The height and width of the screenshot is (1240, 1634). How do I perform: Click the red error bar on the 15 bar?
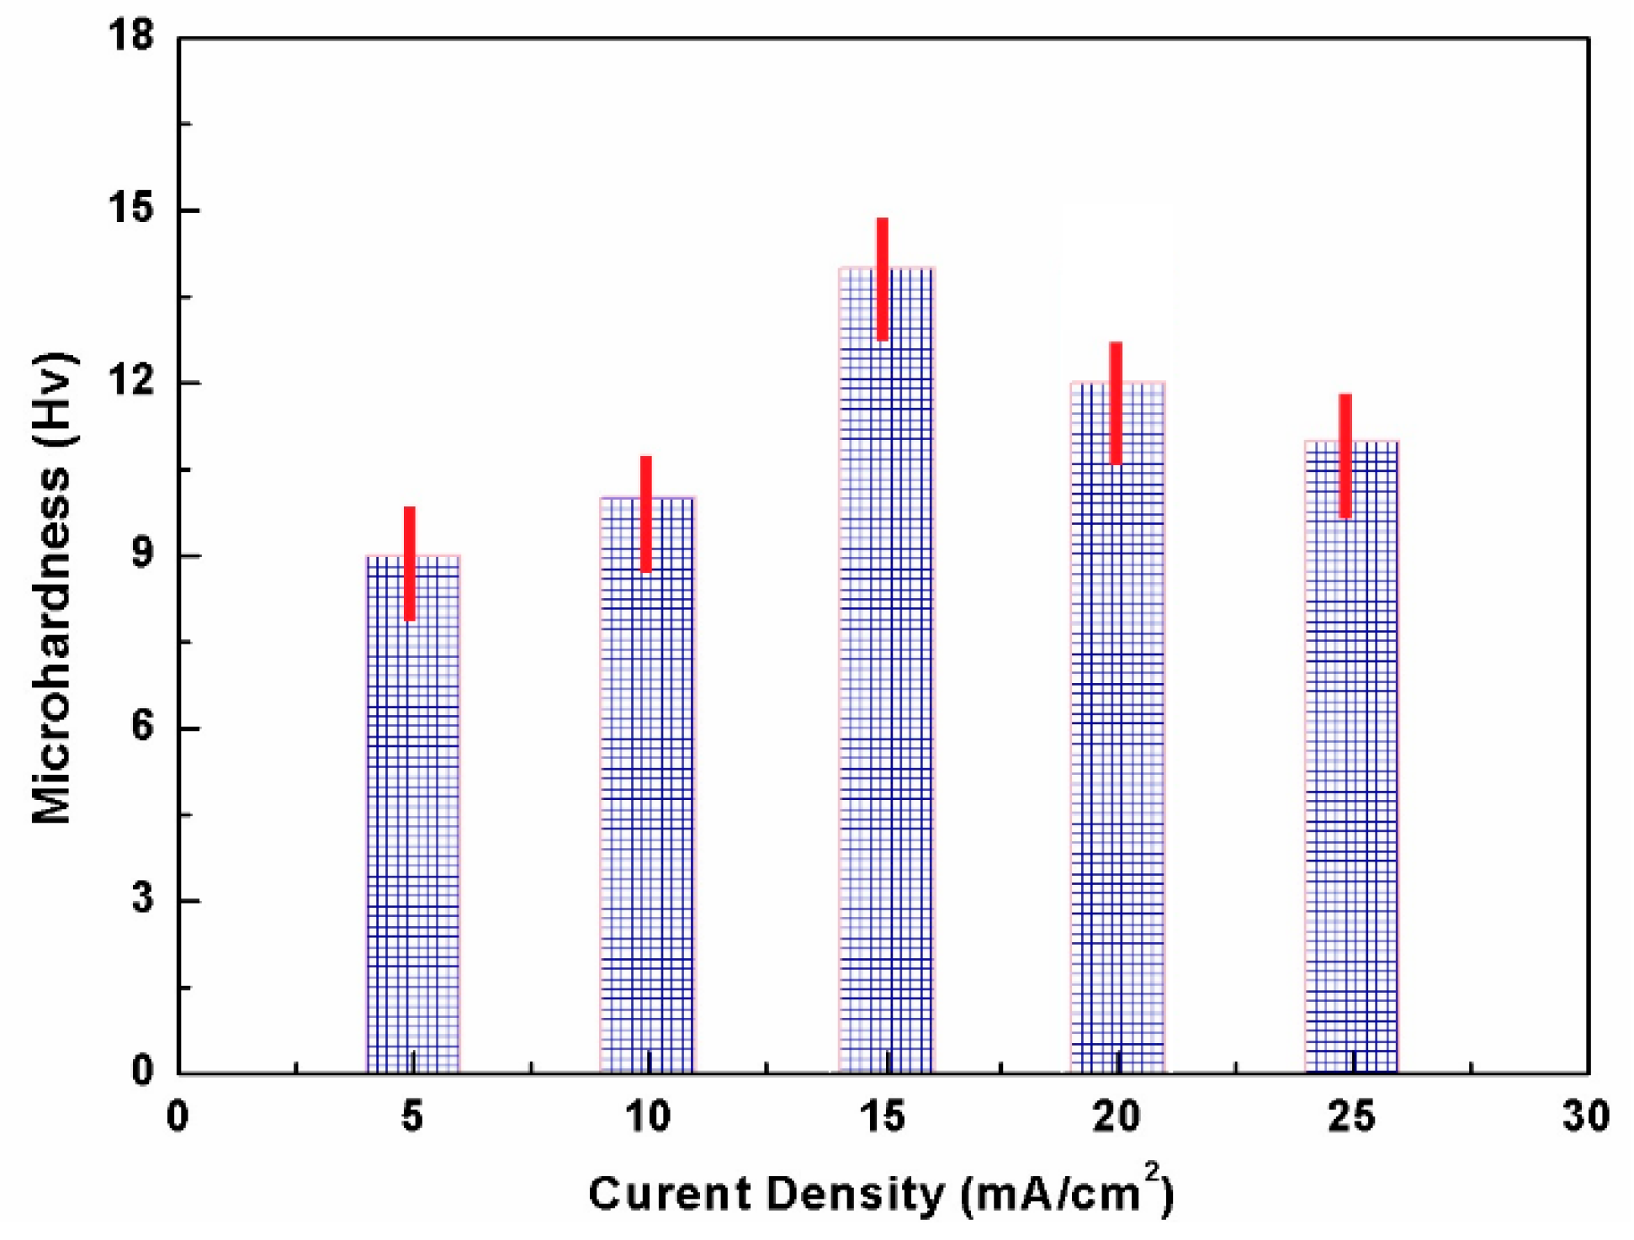(883, 279)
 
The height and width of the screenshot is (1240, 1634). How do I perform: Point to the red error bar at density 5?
(410, 564)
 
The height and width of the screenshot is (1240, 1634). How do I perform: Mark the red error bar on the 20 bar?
(1116, 403)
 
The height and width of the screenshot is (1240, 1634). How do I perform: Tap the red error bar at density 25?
(1345, 456)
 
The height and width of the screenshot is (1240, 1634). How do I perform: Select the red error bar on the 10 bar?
(646, 514)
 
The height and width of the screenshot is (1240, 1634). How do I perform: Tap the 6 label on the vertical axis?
(143, 727)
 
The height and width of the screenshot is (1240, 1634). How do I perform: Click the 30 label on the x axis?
(1585, 1117)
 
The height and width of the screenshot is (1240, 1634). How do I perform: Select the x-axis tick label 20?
(1117, 1117)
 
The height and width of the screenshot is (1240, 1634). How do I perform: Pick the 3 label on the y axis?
(143, 899)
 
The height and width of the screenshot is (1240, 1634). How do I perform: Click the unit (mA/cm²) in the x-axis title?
(1067, 1193)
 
